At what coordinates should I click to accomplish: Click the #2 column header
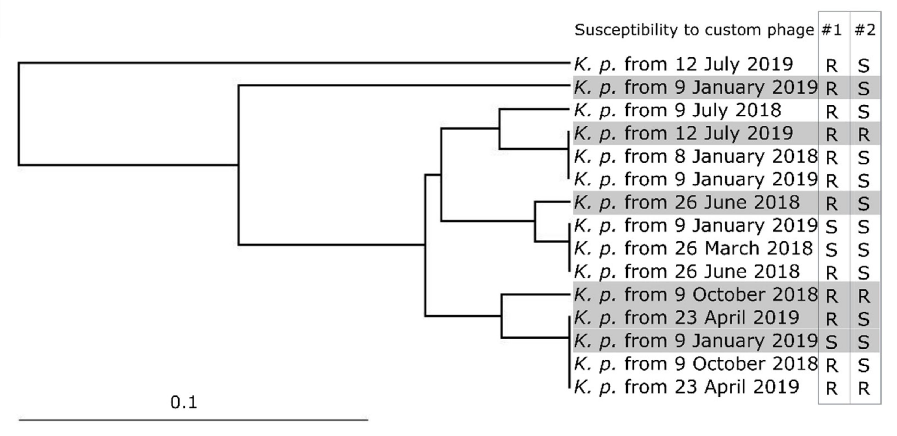(x=865, y=30)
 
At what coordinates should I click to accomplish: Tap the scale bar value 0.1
(x=183, y=403)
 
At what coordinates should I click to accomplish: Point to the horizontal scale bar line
(x=193, y=420)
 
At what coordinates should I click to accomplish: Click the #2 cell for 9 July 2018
(x=864, y=112)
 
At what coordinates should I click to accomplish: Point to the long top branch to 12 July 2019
(x=292, y=63)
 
